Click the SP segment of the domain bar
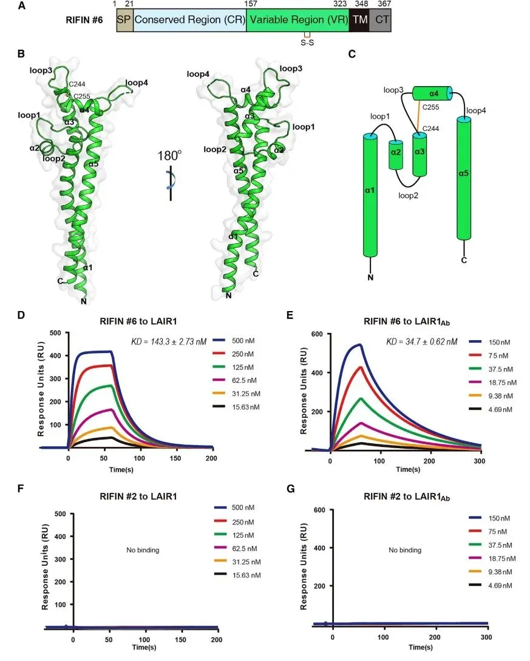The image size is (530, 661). coord(124,19)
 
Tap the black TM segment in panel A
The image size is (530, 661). coord(359,19)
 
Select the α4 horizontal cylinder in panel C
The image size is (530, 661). coord(432,93)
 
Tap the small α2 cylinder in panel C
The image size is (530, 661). coord(396,155)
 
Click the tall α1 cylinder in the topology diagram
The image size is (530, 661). coord(370,195)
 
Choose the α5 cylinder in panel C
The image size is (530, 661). coord(464,179)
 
